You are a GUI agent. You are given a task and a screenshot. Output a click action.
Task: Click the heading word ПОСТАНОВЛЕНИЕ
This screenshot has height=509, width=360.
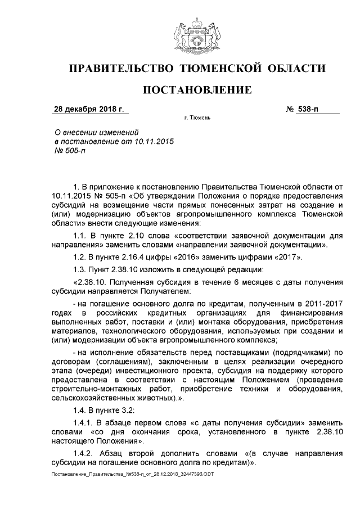pyautogui.click(x=196, y=90)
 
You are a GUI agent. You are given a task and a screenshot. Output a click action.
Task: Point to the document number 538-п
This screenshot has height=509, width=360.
pyautogui.click(x=308, y=109)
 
